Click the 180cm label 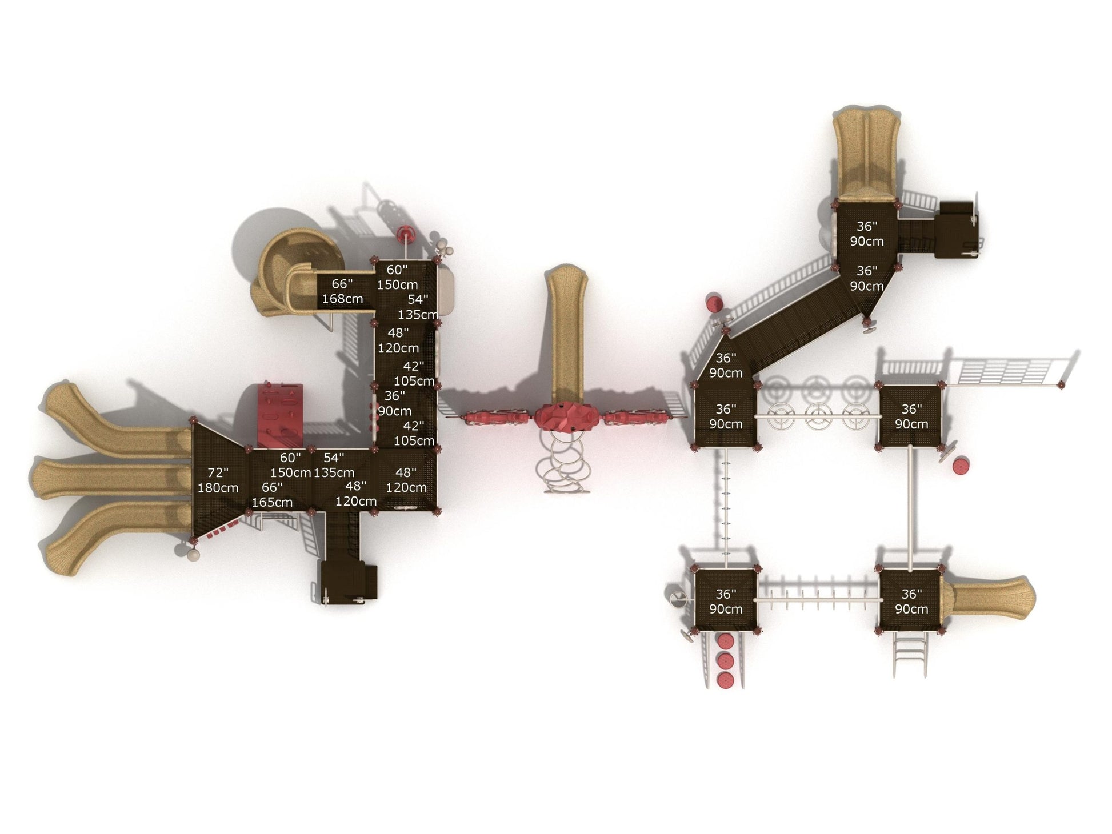[x=218, y=488]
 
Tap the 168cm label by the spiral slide [x=342, y=299]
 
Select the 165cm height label [x=272, y=503]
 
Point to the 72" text [x=218, y=473]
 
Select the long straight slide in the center [x=565, y=334]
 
